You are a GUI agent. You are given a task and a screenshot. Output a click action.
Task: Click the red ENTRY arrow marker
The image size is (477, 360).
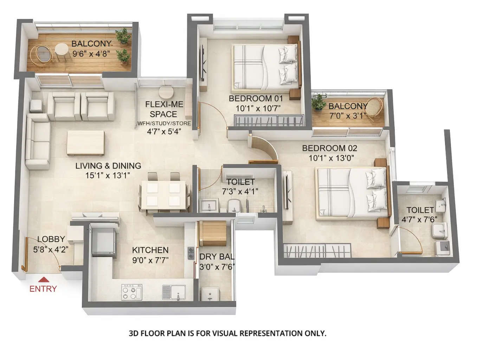(x=43, y=279)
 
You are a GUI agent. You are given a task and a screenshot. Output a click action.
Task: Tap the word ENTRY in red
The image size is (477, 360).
(x=43, y=289)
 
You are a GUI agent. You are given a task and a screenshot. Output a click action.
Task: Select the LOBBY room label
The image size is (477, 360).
(x=51, y=239)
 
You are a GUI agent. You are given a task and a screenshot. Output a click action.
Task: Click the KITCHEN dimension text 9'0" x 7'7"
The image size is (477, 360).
(x=150, y=260)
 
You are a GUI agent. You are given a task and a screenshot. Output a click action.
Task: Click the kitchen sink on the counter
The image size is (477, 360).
(x=173, y=292)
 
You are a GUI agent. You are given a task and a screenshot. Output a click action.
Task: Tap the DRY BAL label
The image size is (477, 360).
(x=217, y=257)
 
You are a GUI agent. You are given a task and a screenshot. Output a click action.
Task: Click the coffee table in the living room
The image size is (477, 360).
(x=85, y=142)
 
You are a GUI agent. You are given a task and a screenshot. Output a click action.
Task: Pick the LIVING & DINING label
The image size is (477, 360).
(x=108, y=166)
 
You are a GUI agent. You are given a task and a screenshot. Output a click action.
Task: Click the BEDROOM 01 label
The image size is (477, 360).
(x=256, y=98)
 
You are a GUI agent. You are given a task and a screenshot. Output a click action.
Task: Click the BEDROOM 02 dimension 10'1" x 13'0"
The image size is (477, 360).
(x=331, y=158)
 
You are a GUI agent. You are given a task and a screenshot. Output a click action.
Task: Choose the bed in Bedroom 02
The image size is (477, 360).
(x=353, y=193)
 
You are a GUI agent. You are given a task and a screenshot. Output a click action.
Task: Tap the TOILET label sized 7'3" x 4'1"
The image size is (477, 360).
(x=240, y=182)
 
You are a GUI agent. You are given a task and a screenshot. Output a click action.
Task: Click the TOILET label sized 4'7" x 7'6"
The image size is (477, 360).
(x=420, y=210)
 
